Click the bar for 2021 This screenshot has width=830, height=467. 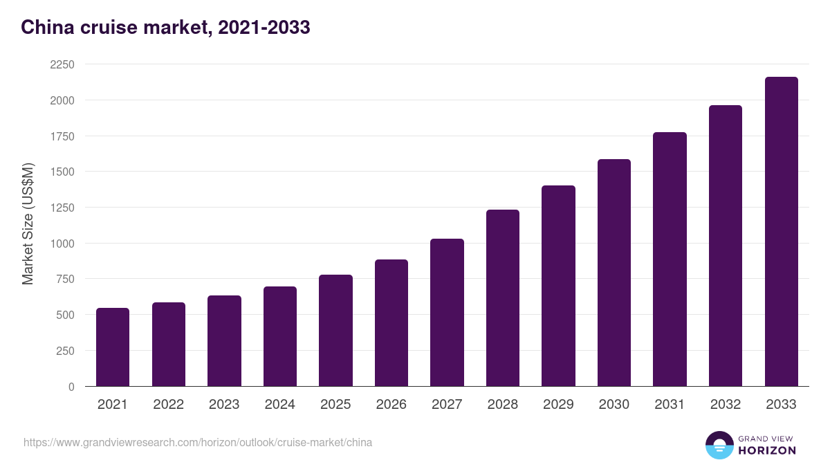point(113,347)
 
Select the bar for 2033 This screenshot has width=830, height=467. point(781,232)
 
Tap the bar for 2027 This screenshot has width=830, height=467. point(447,313)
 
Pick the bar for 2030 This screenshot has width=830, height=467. point(614,273)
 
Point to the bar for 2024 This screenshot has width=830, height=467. point(280,336)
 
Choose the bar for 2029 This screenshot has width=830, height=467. point(558,286)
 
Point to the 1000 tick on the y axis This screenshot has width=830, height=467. point(61,244)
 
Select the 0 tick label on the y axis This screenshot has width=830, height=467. point(71,387)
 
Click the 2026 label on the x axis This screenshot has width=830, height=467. point(391,405)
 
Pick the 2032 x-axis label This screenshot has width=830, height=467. point(726,405)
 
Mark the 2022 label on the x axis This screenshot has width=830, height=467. point(169,405)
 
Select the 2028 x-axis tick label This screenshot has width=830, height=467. point(503,405)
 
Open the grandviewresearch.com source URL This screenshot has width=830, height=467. point(198,442)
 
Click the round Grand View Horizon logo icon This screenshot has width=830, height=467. point(719,445)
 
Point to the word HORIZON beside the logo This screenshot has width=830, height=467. point(767,450)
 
